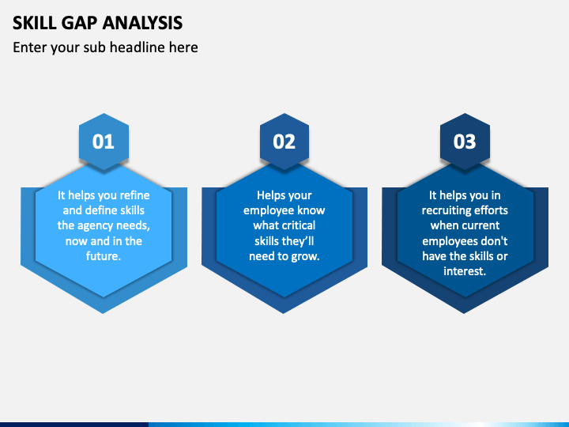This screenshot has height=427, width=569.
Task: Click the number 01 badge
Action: point(104,142)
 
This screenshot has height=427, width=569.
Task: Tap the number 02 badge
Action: point(284,142)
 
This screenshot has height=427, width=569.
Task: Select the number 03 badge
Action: point(465,142)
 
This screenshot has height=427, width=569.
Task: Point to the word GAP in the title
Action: point(79,23)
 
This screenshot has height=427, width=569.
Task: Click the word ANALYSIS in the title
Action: point(142,23)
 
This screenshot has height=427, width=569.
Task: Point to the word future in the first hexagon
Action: point(102,256)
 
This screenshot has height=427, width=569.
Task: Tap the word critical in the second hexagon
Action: point(300,225)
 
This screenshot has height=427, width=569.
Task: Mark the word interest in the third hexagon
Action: point(463,271)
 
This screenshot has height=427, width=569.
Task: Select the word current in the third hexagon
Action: point(481,225)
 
